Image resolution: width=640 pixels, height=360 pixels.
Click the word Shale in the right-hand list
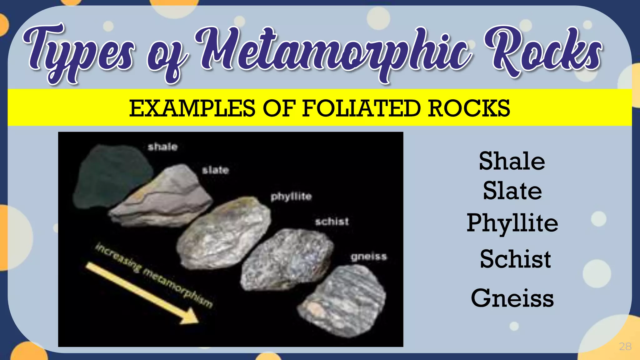click(x=512, y=161)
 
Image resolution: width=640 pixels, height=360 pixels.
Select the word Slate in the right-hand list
click(x=512, y=191)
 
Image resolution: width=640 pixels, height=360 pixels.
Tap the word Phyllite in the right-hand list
click(x=512, y=223)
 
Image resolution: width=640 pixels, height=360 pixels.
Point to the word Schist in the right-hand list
click(x=515, y=259)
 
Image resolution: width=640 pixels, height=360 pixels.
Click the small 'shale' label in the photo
click(x=162, y=147)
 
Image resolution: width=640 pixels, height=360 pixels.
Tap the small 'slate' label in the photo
click(x=215, y=170)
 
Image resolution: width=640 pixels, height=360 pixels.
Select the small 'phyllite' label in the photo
click(x=291, y=197)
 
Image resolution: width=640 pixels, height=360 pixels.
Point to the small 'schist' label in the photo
click(x=332, y=222)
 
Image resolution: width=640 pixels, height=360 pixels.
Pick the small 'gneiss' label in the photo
click(x=369, y=257)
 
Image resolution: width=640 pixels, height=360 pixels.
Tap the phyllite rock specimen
click(x=223, y=233)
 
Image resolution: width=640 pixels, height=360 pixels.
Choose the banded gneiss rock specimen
click(x=344, y=300)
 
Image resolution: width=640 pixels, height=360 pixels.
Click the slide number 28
click(x=625, y=346)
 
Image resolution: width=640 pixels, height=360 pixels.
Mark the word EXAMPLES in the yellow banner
click(x=192, y=108)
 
